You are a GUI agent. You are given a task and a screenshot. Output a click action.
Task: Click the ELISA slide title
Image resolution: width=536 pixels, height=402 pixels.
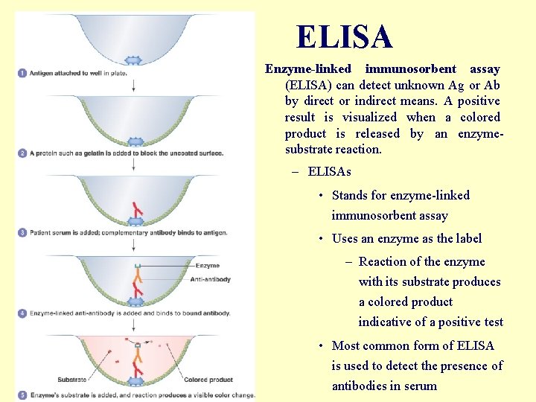tap(344, 36)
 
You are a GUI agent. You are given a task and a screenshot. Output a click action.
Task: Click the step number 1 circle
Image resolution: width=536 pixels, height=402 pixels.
tap(22, 73)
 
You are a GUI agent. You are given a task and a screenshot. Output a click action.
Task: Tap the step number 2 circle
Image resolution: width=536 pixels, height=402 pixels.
tap(22, 153)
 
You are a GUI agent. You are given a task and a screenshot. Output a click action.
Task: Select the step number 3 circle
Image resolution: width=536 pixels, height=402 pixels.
tap(22, 233)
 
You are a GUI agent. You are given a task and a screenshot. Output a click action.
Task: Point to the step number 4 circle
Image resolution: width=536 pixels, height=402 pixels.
tap(22, 313)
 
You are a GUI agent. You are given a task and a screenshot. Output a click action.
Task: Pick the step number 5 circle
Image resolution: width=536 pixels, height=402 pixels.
tap(22, 395)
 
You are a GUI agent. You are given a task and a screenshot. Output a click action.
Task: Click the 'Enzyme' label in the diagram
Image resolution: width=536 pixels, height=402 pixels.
tap(207, 265)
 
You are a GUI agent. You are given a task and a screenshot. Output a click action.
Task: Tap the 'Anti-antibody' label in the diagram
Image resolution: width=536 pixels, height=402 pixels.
tap(211, 279)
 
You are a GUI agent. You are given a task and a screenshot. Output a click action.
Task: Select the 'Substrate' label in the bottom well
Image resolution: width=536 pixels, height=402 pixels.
tap(71, 380)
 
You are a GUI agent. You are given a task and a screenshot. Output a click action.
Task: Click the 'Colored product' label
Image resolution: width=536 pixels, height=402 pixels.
tap(208, 380)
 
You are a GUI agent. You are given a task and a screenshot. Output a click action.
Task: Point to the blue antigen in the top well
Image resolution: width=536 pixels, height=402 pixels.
tap(134, 60)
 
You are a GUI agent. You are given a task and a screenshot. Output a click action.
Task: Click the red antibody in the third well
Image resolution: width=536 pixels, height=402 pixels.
tap(136, 208)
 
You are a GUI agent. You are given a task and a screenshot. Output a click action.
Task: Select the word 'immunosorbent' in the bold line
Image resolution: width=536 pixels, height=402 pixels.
tap(410, 69)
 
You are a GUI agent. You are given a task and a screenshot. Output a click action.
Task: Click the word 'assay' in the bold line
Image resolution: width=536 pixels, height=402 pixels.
tap(485, 69)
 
